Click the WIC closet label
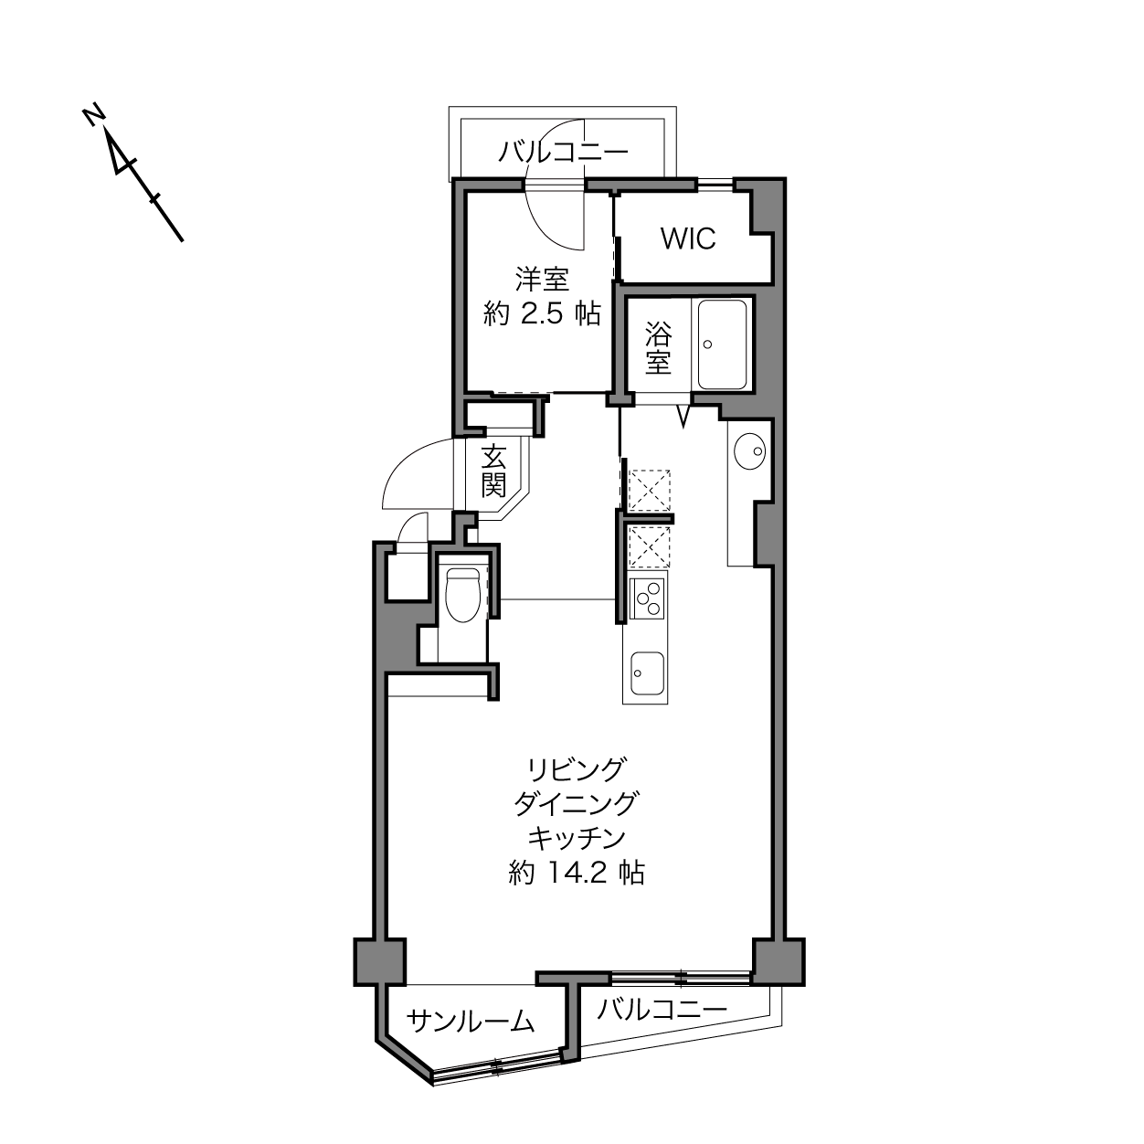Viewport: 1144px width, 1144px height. coord(688,238)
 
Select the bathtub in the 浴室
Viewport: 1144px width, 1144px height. coord(722,344)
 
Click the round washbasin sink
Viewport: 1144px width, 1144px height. coord(750,451)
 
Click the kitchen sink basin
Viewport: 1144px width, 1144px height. coord(647,673)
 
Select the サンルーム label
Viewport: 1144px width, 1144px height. coord(471,1022)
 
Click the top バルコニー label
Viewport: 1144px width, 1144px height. coord(563,152)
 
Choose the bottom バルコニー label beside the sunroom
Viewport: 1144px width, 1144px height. coord(662,1009)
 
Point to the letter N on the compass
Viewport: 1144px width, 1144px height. coord(93,116)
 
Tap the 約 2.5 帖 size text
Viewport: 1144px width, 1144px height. coord(542,312)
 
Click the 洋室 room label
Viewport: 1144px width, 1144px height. coord(542,280)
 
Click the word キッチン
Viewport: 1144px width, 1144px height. coord(577,838)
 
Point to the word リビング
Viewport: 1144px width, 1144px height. coord(577,769)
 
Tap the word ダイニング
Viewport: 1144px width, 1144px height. coord(576,804)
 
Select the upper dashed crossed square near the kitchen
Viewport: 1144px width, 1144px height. coord(650,490)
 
